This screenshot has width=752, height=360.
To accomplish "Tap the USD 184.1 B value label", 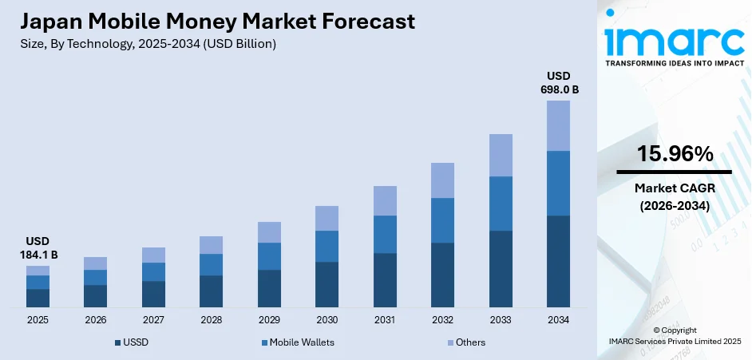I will click(x=38, y=247).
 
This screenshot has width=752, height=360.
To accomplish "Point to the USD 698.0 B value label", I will click(x=558, y=82).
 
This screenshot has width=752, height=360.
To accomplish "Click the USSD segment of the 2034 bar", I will click(x=558, y=261).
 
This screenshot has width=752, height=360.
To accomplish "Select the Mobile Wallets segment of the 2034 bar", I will click(x=558, y=183).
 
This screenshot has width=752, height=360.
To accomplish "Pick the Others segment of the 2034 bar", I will click(x=558, y=125).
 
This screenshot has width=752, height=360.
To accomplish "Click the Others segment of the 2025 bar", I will click(x=38, y=271).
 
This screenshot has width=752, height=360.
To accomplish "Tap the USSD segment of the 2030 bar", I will click(x=327, y=284).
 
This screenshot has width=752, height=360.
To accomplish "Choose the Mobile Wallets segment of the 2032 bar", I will click(x=442, y=220).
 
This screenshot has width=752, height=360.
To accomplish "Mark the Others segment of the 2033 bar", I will click(x=501, y=155).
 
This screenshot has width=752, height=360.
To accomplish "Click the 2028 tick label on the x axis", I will click(x=211, y=319).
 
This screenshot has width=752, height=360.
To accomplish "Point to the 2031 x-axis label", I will click(x=385, y=319).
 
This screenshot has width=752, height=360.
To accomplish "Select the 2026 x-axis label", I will click(x=95, y=319).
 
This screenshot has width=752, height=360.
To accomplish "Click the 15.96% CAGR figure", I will click(x=675, y=154).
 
